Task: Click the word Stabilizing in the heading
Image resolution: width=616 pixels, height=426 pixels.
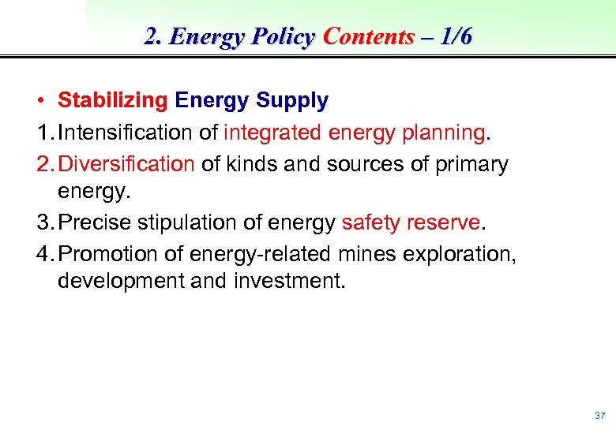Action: click(x=112, y=101)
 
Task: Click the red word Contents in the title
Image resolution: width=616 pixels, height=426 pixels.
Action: click(x=369, y=37)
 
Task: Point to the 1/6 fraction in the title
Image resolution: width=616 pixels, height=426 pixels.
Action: click(x=453, y=37)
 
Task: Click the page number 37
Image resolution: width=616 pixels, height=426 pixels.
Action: click(x=599, y=415)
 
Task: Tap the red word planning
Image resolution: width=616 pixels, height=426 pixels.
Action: click(x=442, y=133)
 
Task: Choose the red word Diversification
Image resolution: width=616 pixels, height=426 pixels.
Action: click(x=126, y=164)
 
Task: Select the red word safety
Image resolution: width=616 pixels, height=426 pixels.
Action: click(x=371, y=223)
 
